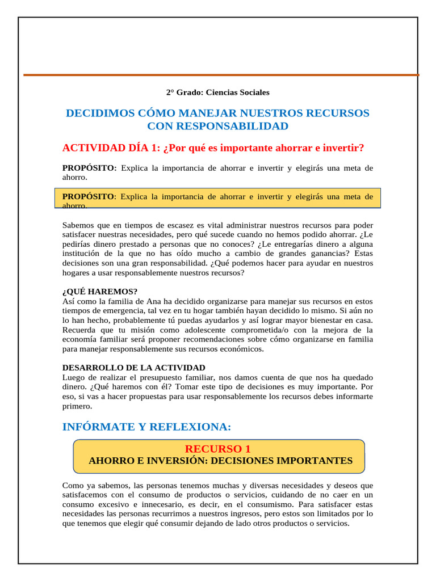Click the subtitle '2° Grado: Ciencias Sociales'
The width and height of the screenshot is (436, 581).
[x=217, y=92]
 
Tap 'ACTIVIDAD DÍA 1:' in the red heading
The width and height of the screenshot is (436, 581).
[x=111, y=148]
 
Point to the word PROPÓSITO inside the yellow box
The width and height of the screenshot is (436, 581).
[x=88, y=196]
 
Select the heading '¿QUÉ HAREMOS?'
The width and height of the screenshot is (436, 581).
[x=100, y=292]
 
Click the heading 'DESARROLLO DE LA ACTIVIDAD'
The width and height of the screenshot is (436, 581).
[x=133, y=368]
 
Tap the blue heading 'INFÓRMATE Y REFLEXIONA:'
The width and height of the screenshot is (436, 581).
[x=146, y=427]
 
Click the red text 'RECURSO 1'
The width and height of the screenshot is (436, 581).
[x=217, y=449]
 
